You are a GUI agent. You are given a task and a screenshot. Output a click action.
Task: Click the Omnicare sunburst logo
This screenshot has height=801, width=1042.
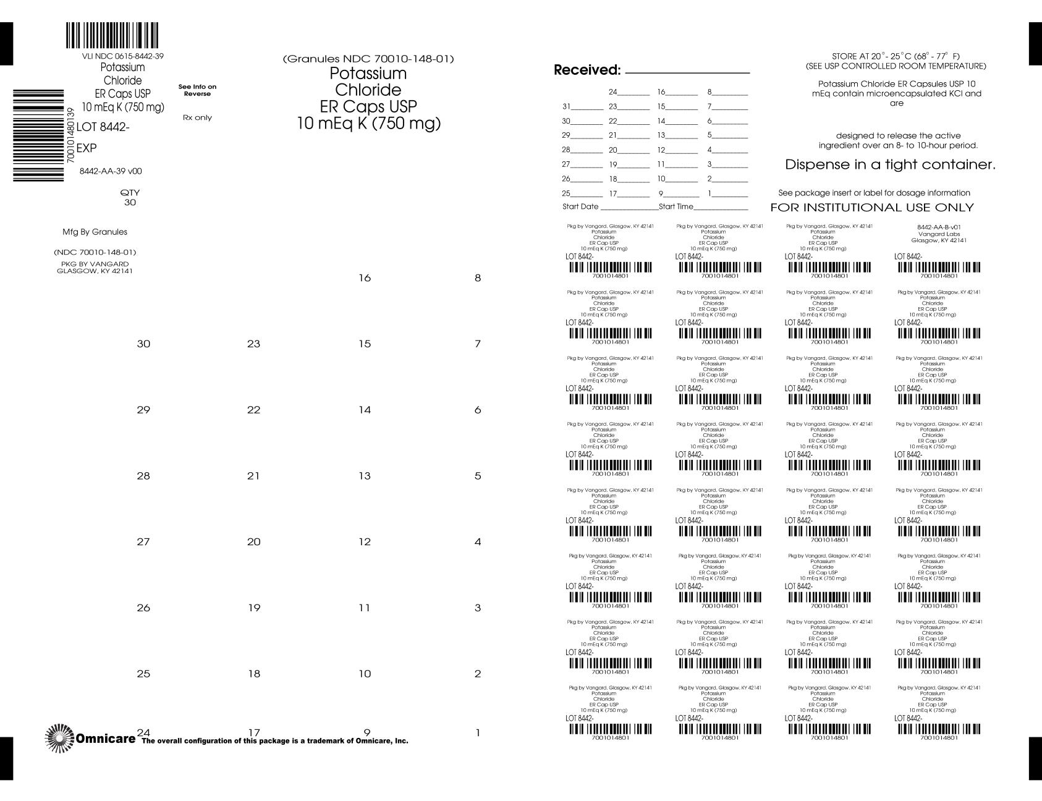(59, 738)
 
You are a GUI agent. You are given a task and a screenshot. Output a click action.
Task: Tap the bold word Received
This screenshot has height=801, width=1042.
(587, 70)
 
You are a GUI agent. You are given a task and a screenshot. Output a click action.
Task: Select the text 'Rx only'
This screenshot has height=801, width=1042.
(197, 117)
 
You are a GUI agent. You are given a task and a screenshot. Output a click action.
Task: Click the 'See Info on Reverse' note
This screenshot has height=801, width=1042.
(197, 90)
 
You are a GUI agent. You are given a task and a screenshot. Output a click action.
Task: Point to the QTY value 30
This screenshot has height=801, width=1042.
(130, 202)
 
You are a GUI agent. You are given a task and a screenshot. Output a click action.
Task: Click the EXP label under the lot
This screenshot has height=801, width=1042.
(87, 148)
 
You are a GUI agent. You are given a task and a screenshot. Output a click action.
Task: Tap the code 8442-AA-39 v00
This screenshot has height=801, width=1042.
(111, 171)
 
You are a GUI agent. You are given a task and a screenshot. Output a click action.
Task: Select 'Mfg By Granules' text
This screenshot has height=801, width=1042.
(95, 232)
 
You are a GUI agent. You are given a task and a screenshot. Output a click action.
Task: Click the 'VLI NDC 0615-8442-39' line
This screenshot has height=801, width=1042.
(118, 56)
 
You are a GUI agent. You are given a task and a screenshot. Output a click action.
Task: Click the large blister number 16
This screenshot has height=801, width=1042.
(365, 278)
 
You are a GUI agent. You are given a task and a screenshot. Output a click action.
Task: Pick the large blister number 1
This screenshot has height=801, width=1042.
(477, 734)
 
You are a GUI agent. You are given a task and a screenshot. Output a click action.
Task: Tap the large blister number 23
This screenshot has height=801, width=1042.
(253, 344)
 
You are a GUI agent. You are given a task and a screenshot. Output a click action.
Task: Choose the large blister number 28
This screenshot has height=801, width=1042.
(143, 476)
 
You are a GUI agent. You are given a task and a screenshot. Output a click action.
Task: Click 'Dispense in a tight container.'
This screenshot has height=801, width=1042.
(890, 165)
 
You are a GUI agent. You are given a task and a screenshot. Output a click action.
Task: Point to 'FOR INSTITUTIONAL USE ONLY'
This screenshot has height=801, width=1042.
(872, 208)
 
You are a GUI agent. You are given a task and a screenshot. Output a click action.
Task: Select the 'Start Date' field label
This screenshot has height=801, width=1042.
(580, 206)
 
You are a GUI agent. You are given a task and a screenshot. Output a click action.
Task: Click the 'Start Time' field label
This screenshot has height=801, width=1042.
(676, 206)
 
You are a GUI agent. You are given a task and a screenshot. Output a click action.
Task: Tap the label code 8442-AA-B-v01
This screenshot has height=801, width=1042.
(939, 227)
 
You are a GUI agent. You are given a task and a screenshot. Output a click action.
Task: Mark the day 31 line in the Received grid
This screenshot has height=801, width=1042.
(581, 106)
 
